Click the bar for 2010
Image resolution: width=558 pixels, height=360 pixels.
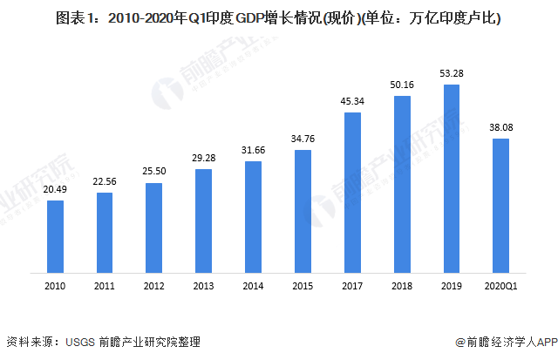(55, 237)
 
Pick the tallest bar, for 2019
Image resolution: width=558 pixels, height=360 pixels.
(452, 179)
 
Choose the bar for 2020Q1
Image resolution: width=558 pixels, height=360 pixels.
(501, 206)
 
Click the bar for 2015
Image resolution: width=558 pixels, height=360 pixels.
(303, 212)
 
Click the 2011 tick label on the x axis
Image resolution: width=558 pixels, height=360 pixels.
(104, 286)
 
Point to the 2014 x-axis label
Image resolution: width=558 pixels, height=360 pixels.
(253, 286)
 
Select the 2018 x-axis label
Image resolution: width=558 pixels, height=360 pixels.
(402, 286)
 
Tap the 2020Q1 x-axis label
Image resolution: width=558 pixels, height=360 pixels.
(501, 286)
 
